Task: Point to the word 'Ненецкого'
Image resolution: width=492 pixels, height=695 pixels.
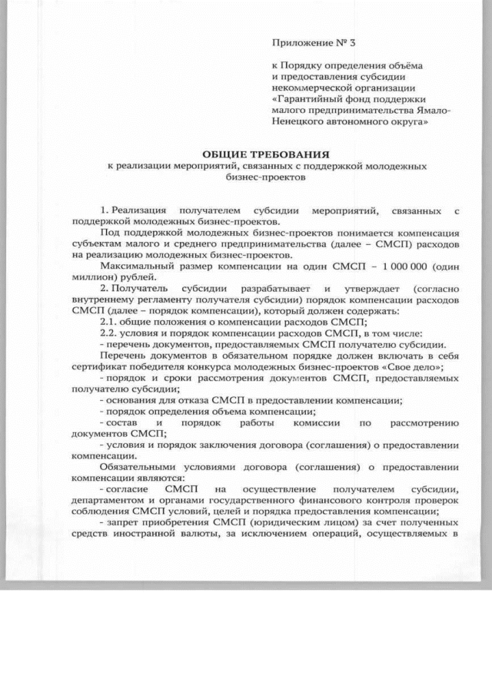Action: click(296, 121)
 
